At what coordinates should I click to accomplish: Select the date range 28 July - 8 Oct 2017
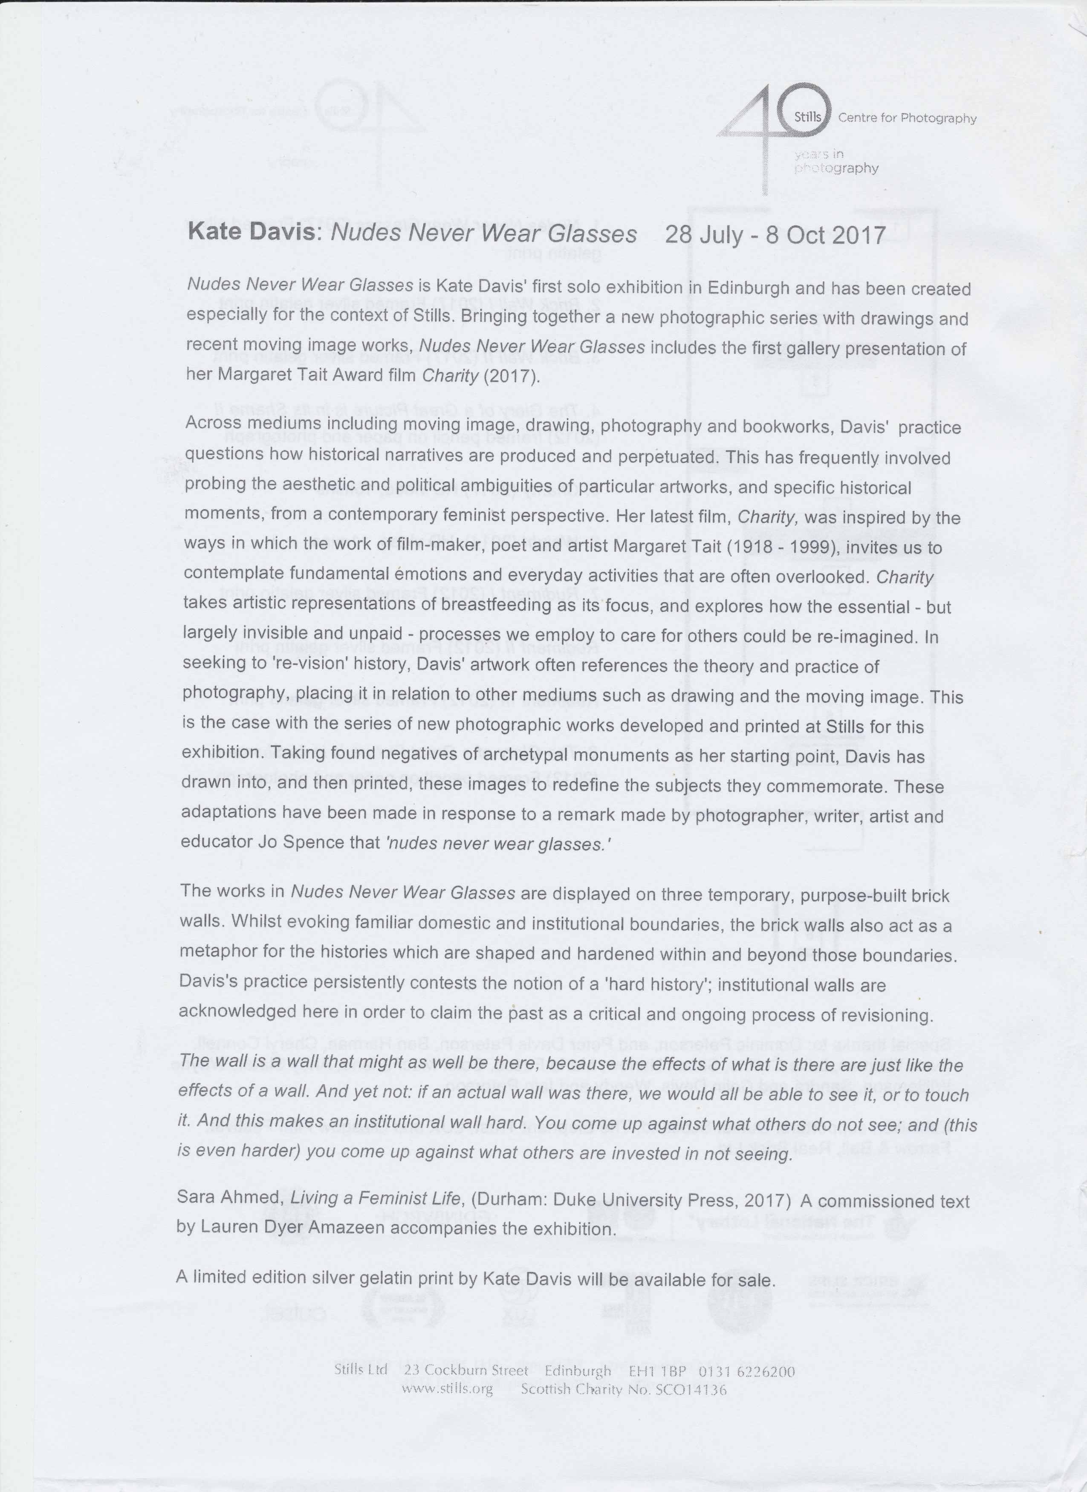tap(775, 235)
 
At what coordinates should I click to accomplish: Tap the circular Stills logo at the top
tap(807, 117)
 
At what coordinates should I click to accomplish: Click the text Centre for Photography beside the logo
tap(907, 118)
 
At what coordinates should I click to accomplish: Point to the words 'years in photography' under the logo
tap(835, 161)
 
